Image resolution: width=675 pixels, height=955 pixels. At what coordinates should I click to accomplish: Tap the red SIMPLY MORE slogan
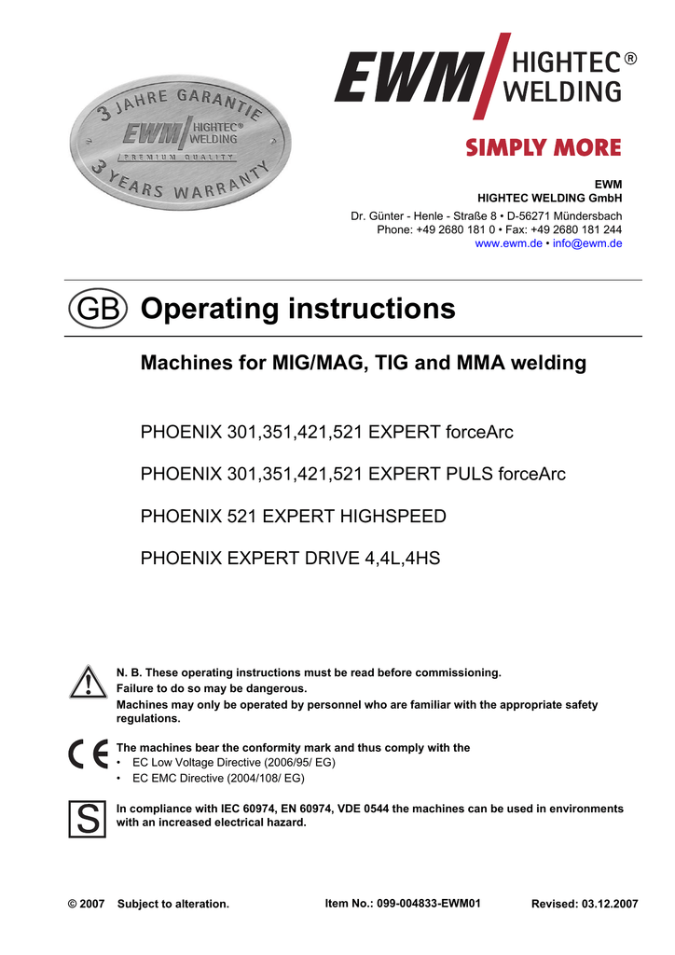pos(543,147)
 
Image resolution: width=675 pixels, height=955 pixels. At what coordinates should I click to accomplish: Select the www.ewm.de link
pos(508,243)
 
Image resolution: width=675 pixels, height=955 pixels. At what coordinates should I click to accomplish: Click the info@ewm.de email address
pos(587,243)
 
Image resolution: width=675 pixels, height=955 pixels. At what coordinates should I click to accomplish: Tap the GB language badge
pos(96,310)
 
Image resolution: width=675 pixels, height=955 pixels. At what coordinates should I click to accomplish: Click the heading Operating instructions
pos(297,309)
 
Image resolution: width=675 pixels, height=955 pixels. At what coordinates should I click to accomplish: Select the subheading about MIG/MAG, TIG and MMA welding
pos(363,363)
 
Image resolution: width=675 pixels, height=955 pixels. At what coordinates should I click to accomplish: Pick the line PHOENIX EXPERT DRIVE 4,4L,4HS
pos(289,558)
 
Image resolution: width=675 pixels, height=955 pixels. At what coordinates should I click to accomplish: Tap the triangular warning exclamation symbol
pos(88,683)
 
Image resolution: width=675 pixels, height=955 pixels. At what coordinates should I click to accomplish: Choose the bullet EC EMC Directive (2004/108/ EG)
pos(218,778)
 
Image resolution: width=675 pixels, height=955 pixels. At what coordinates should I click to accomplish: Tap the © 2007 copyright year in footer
pos(87,904)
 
